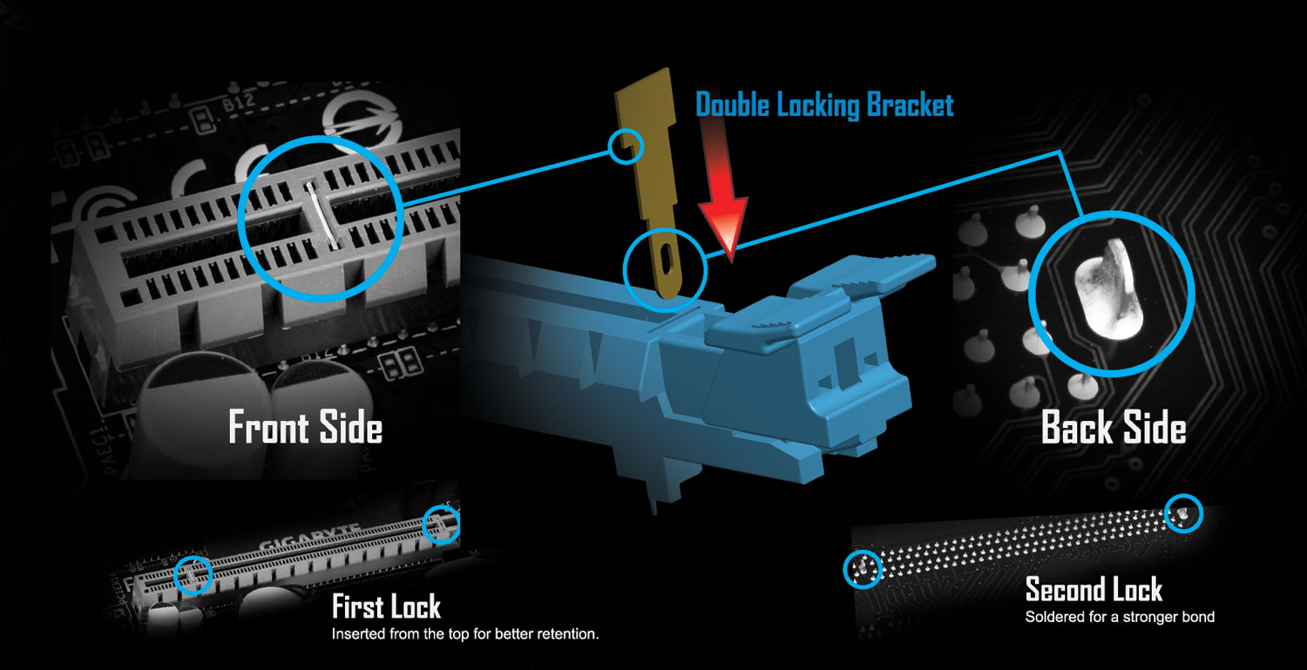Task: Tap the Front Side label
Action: click(305, 429)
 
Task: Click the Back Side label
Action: click(1114, 429)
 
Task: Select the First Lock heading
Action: click(386, 606)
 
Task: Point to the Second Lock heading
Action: click(1094, 590)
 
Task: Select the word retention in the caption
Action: click(566, 633)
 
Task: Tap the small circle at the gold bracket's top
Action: click(625, 146)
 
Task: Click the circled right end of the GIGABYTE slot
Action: click(441, 524)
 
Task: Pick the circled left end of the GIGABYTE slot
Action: click(193, 574)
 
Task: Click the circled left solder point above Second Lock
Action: click(863, 568)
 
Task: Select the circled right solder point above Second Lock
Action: click(1182, 514)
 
